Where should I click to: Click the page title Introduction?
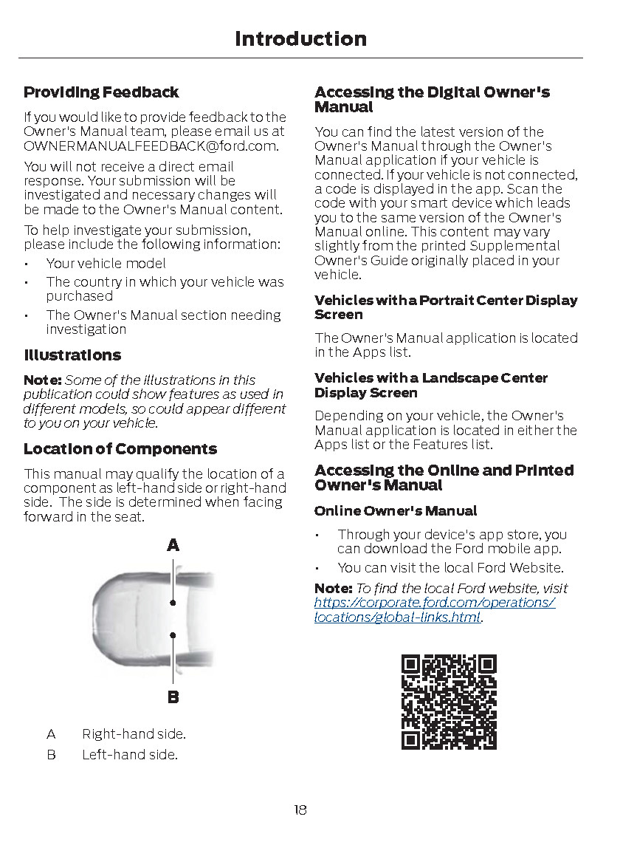coord(300,38)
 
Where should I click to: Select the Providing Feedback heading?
coord(101,92)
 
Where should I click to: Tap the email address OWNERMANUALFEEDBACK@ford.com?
coord(151,146)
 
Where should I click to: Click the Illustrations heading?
coord(72,355)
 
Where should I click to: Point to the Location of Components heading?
coord(120,449)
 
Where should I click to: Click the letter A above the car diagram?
coord(173,546)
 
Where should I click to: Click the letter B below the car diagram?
coord(173,697)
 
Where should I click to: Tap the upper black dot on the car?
coord(173,603)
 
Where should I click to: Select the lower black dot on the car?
coord(173,634)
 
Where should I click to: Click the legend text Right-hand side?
coord(134,734)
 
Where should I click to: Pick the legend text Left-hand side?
coord(130,755)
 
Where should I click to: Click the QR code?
coord(449,702)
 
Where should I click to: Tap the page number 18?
coord(300,810)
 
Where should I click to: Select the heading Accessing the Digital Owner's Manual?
coord(432,100)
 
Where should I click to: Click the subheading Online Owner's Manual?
coord(396,511)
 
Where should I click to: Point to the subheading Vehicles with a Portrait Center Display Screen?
coord(446,307)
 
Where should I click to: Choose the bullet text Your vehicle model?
coord(106,264)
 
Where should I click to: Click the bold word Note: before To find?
coord(334,589)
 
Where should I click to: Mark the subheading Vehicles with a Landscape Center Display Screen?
coord(431,386)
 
